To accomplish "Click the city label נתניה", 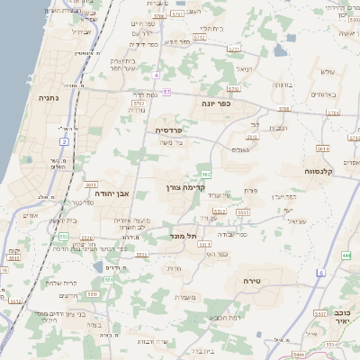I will [x=48, y=97].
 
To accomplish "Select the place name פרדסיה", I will [x=171, y=130].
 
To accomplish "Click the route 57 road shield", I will [x=166, y=92].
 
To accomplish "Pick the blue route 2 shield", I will [x=64, y=142].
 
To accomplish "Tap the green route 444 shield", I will [x=346, y=256].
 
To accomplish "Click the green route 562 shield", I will [x=207, y=174].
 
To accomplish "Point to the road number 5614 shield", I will [x=322, y=148].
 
